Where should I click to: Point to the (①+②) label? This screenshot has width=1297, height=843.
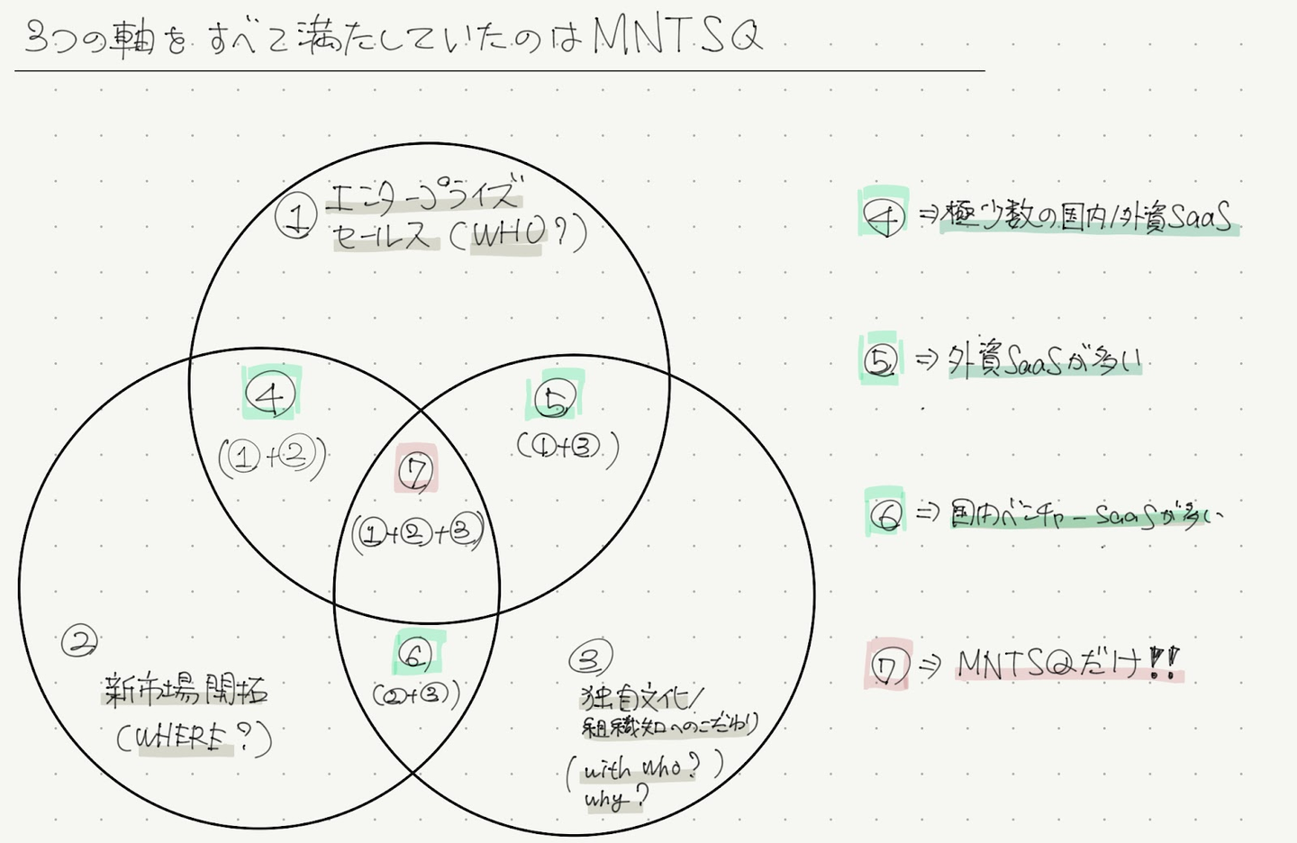[272, 458]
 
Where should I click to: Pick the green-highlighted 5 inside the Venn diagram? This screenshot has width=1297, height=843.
[555, 399]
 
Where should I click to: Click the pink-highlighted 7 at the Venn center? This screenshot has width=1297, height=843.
[416, 471]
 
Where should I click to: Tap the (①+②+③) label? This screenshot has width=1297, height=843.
[417, 533]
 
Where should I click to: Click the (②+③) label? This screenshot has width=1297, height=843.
[416, 694]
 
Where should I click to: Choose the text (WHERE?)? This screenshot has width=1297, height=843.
[193, 739]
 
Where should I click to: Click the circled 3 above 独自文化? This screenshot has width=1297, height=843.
[590, 659]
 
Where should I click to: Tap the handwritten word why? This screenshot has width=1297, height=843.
[616, 798]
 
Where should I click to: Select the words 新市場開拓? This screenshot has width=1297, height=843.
[186, 691]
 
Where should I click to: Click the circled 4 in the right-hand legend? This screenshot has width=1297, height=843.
[884, 216]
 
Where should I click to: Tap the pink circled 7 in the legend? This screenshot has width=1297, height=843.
[888, 667]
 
